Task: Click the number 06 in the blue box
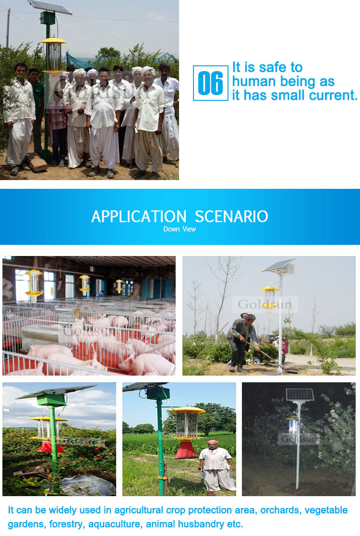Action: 210,83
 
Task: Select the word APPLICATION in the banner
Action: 139,217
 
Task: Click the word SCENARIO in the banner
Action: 231,217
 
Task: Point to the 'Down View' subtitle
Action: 180,229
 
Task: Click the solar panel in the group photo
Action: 49,7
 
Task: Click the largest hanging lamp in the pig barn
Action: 34,283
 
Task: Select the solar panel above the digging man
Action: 279,265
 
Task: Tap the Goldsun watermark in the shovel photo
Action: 264,304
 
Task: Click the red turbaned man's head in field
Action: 213,444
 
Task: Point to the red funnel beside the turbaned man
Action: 186,449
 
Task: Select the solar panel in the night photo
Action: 300,395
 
